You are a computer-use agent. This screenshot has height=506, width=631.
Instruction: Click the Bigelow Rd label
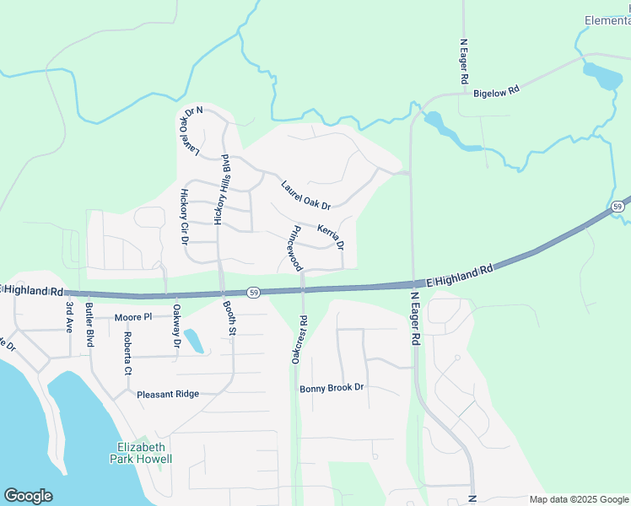pyautogui.click(x=496, y=90)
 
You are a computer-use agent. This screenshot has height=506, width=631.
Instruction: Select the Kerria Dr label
pyautogui.click(x=330, y=237)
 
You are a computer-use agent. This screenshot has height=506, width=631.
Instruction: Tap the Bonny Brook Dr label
pyautogui.click(x=331, y=388)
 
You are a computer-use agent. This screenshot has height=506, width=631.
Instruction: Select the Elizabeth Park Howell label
pyautogui.click(x=141, y=453)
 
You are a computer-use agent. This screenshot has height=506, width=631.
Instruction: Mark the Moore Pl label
pyautogui.click(x=134, y=317)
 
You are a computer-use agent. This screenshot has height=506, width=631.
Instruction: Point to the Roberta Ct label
pyautogui.click(x=128, y=353)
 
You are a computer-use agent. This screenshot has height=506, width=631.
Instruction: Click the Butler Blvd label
pyautogui.click(x=89, y=325)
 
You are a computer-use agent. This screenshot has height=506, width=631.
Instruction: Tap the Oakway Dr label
pyautogui.click(x=176, y=326)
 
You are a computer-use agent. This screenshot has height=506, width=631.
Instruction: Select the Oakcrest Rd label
pyautogui.click(x=298, y=340)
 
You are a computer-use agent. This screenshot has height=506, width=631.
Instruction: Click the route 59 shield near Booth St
pyautogui.click(x=253, y=292)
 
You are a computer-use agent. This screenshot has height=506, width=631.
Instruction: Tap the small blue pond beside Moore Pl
pyautogui.click(x=193, y=340)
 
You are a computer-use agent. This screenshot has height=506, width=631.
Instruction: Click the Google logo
pyautogui.click(x=28, y=496)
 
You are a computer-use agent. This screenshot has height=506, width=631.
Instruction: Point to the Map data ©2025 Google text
pyautogui.click(x=579, y=499)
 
